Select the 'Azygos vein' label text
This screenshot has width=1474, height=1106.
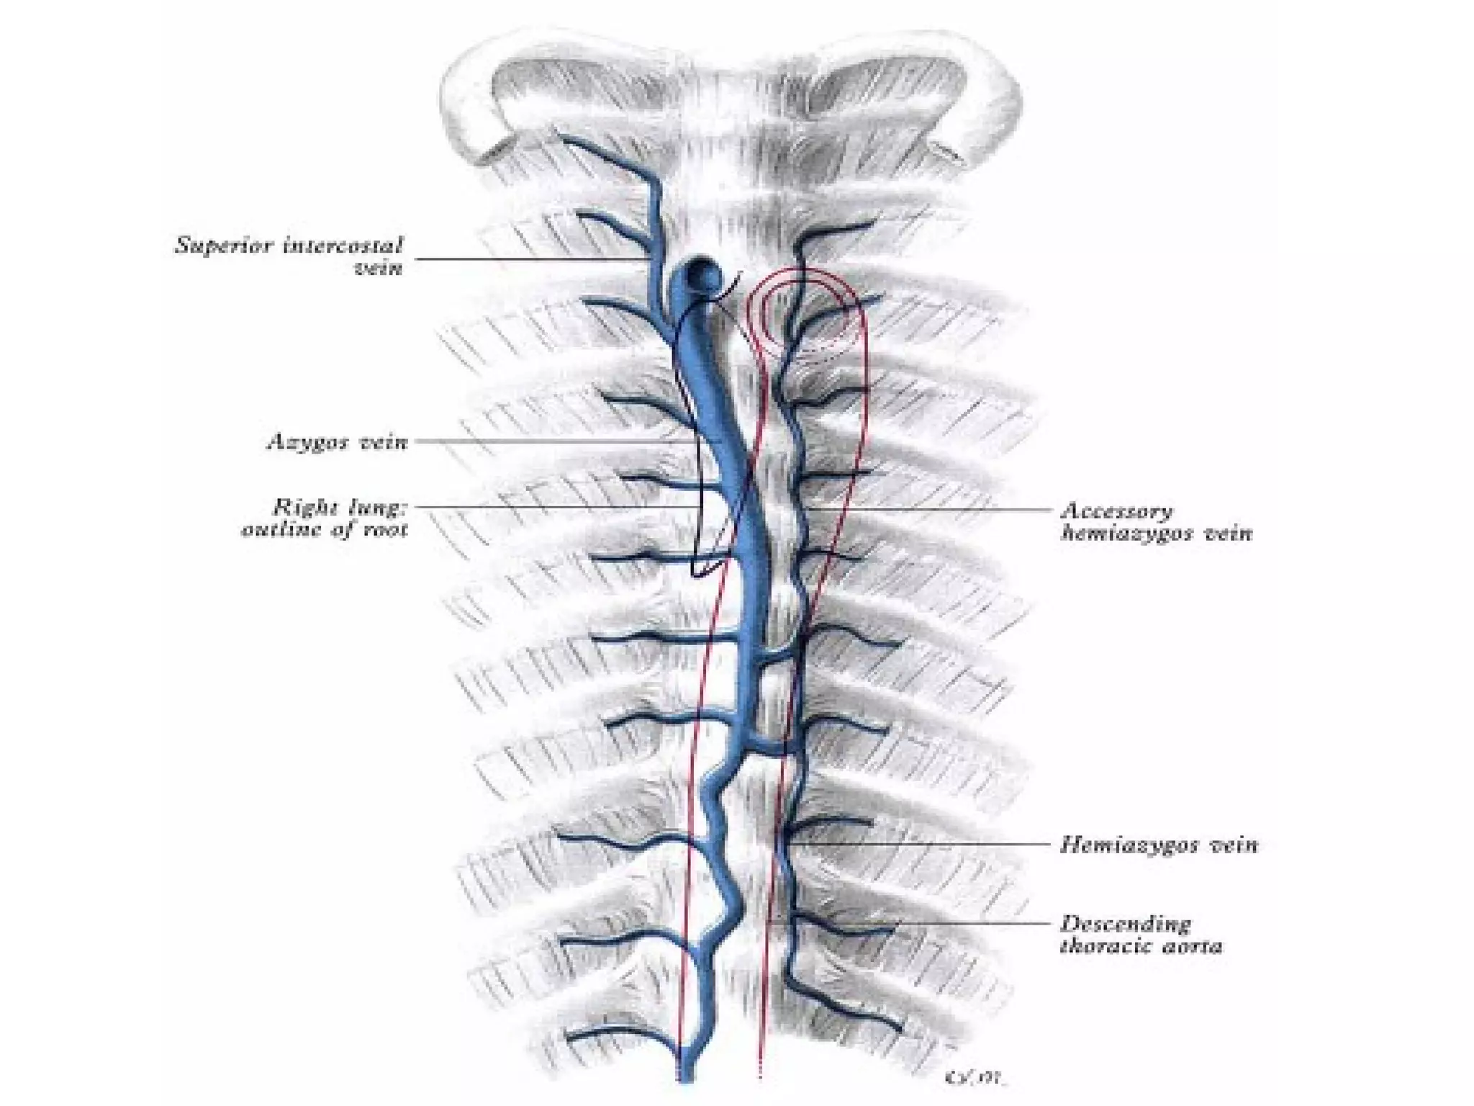[338, 441]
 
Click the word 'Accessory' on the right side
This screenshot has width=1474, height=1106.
[1116, 512]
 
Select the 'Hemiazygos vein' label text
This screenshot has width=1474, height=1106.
[1159, 845]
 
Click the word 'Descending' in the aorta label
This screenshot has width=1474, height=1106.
[1126, 925]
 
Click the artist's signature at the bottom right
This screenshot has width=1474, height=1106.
[976, 1078]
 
